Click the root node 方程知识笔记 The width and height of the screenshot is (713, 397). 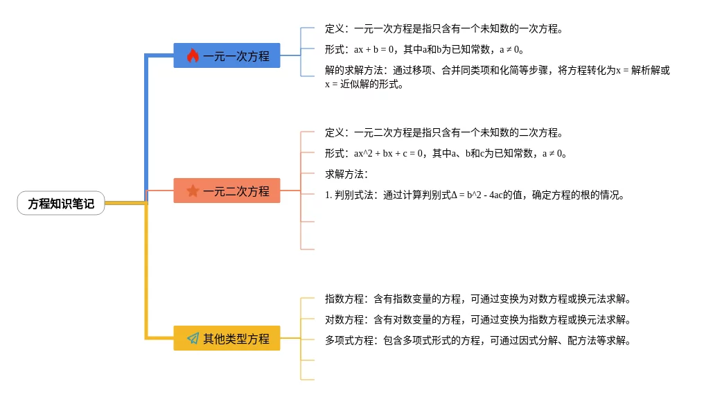61,203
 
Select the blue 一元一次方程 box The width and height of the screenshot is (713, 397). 227,55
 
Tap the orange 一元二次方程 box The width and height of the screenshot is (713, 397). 227,191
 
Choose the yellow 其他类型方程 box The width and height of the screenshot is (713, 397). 227,339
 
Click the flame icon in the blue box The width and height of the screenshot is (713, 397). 193,55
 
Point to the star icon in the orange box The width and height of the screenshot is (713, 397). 193,191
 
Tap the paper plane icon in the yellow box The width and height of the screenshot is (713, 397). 193,339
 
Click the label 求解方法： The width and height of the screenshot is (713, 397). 346,174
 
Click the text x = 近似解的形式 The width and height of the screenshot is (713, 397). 363,85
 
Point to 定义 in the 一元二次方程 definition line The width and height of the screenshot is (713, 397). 335,132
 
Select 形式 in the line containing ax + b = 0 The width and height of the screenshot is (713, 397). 335,50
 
